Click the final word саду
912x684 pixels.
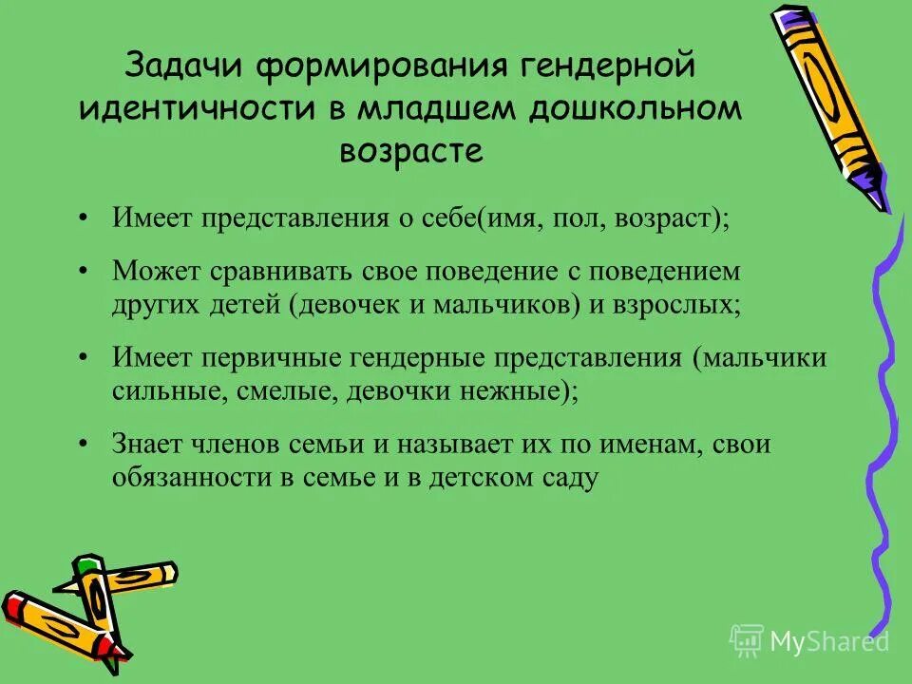570,478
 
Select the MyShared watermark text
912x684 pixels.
829,641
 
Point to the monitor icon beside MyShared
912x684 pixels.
746,639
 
